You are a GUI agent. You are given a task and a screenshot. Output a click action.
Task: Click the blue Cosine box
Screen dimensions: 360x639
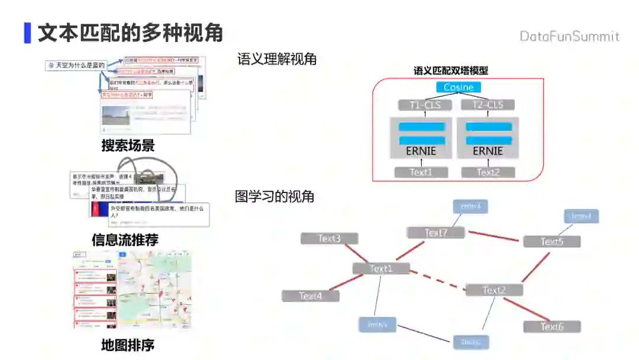coord(459,87)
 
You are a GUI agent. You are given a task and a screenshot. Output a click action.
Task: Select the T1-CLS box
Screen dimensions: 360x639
coord(424,105)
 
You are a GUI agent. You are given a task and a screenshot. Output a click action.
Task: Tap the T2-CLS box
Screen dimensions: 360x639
coord(488,105)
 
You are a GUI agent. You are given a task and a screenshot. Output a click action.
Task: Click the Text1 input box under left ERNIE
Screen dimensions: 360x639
coord(421,172)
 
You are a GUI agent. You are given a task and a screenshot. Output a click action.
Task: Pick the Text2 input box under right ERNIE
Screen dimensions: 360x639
coord(488,172)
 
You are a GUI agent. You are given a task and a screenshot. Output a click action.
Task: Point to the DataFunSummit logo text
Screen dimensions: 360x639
coord(569,37)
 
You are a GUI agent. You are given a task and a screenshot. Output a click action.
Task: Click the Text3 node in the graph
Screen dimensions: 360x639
coord(329,239)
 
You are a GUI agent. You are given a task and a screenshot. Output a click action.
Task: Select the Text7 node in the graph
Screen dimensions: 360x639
coord(435,233)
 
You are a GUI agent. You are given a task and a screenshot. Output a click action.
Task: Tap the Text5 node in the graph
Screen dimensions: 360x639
coord(551,242)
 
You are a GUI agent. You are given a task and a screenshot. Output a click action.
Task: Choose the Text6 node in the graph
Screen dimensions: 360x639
coord(551,327)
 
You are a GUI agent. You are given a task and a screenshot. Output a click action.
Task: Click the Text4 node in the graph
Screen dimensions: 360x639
coord(311,295)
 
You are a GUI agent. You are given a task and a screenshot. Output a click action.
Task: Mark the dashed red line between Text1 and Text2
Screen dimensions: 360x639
coord(438,279)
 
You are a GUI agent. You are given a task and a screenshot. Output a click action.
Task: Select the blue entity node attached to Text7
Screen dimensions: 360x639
coord(470,206)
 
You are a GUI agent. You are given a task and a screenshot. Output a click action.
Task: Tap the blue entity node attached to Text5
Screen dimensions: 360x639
coord(581,216)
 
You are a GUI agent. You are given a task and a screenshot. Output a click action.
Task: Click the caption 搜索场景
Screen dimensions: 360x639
coord(128,146)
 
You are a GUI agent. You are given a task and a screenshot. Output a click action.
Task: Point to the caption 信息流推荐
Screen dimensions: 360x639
coord(125,240)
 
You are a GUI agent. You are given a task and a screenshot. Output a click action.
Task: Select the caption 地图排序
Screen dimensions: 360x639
coord(128,345)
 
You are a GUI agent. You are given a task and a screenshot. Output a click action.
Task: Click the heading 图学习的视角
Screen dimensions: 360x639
coord(275,197)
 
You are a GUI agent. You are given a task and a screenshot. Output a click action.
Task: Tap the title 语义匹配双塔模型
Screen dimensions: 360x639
coord(451,70)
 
